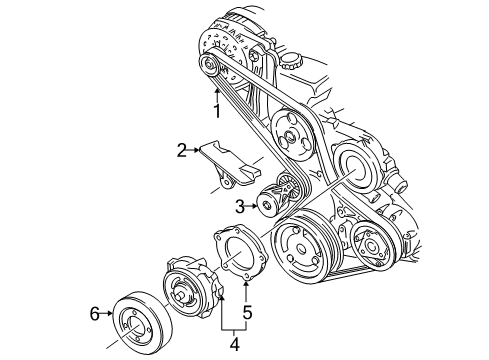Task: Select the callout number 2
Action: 182,151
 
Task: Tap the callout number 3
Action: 240,207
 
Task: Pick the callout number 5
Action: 246,312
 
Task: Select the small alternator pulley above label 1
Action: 208,67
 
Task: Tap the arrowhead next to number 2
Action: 196,150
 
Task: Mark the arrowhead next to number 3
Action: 255,207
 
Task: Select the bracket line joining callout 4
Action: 235,327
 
